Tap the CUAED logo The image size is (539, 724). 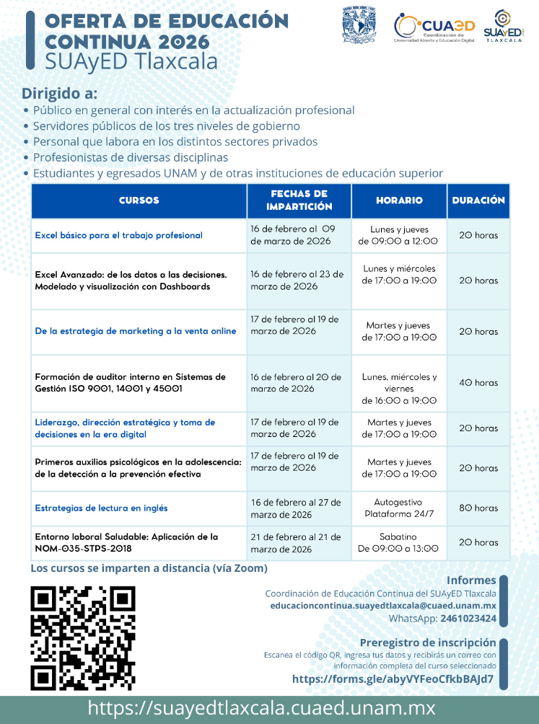pos(434,27)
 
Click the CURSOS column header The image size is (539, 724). pos(139,200)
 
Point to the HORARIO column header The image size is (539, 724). pos(399,200)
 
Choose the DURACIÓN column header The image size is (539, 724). pos(478,200)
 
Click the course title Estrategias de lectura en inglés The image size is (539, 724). pos(101,508)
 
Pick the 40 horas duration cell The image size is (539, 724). pos(478,383)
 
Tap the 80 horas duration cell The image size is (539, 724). pos(478,508)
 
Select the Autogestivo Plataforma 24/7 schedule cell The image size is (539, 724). pos(398,508)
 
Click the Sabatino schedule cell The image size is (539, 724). pos(398,542)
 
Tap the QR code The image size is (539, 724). pos(83,637)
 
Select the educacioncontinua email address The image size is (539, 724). pos(383,606)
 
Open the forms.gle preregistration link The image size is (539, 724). pos(393,679)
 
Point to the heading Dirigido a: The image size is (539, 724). pos(59,94)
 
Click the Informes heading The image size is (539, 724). pos(471,580)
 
